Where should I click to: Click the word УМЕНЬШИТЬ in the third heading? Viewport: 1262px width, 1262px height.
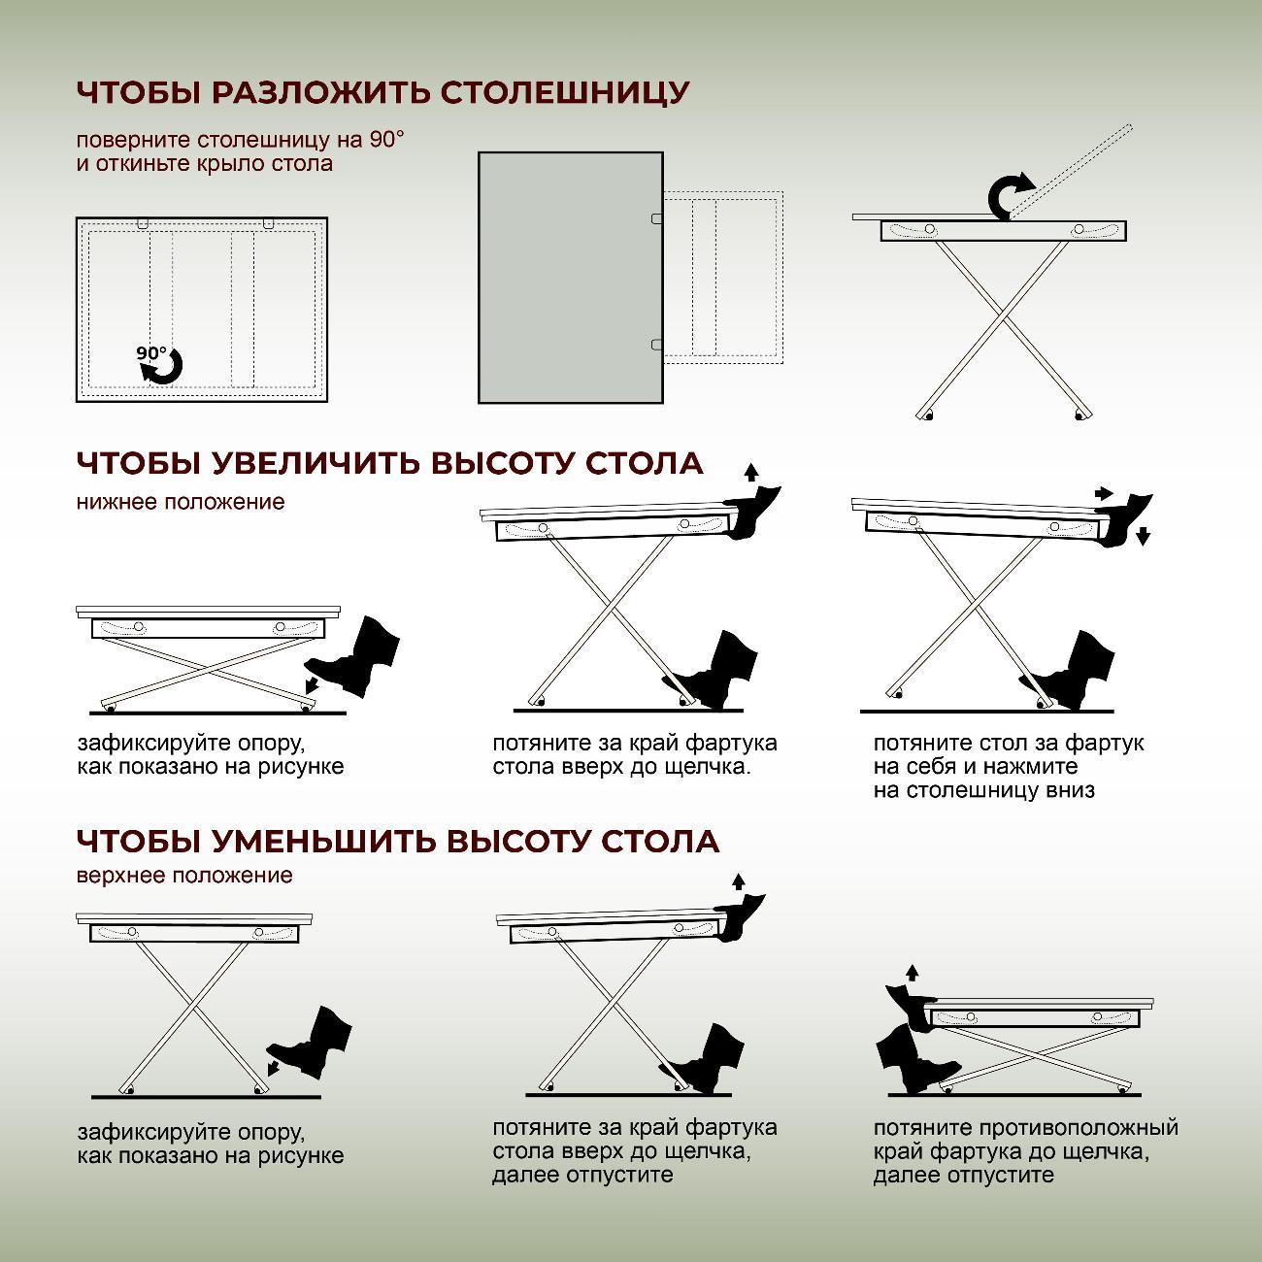click(x=323, y=841)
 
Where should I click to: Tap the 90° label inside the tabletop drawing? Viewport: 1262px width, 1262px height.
click(x=151, y=353)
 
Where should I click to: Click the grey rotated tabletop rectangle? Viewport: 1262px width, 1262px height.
click(x=570, y=277)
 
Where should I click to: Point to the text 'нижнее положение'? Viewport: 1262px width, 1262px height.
click(x=181, y=502)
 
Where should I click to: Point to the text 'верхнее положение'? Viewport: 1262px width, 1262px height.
click(x=184, y=876)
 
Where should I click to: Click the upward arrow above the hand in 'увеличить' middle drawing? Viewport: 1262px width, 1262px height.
click(x=748, y=473)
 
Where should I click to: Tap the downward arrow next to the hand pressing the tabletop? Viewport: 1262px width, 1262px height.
click(x=1143, y=535)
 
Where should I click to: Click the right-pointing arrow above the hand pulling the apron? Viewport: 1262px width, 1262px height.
click(x=1103, y=493)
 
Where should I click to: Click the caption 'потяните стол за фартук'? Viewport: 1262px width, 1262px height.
click(x=1008, y=744)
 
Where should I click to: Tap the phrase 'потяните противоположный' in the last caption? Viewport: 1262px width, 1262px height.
click(x=1025, y=1128)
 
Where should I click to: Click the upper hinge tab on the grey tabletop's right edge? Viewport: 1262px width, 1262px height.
click(x=657, y=219)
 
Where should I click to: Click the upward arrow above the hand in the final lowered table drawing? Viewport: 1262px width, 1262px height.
click(x=911, y=973)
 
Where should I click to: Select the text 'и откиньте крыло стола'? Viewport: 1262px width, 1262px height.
click(x=205, y=163)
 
